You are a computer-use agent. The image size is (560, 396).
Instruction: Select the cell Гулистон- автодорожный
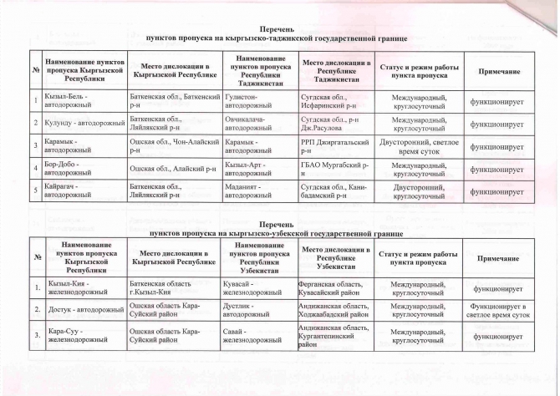(x=257, y=102)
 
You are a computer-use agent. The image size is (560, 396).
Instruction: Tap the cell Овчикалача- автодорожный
(x=257, y=124)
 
